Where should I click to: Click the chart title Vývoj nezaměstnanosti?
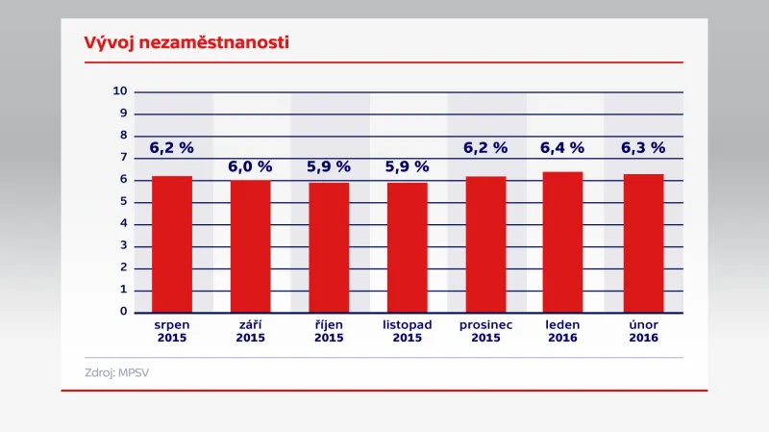pos(174,43)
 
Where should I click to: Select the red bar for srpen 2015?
pos(172,244)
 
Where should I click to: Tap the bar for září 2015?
pos(250,246)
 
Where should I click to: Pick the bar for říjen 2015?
pos(329,247)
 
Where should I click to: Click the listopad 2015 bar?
pos(408,247)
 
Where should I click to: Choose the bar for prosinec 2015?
pos(485,244)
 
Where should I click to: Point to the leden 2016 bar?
pos(562,242)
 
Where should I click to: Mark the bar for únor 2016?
pos(643,243)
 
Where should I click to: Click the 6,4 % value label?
pos(562,148)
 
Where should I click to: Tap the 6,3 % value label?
pos(643,148)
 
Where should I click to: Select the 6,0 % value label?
pos(250,166)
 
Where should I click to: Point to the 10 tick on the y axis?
pos(120,91)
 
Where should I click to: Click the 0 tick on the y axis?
pos(124,312)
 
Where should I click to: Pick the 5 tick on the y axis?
pos(124,202)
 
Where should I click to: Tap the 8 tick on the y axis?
pos(124,136)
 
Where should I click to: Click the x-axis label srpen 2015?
pos(172,331)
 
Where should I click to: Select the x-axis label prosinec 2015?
pos(485,331)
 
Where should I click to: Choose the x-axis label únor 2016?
pos(643,331)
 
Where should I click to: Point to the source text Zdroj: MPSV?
pos(112,372)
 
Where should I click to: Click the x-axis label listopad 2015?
pos(408,331)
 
